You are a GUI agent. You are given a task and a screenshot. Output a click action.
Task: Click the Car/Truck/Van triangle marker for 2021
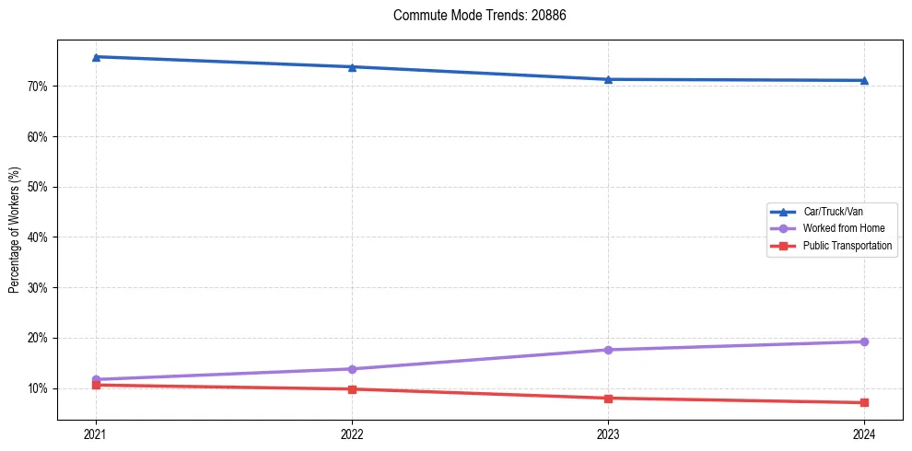[x=96, y=57]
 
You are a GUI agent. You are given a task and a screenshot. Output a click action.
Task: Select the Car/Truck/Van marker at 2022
[x=352, y=67]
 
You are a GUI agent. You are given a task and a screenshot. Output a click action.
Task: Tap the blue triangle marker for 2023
[x=608, y=79]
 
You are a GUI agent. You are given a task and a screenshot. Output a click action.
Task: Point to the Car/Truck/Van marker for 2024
[x=864, y=80]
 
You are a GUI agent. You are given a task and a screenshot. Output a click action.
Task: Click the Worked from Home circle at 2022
[x=352, y=369]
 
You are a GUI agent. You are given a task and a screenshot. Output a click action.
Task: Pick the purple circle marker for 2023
[x=608, y=350]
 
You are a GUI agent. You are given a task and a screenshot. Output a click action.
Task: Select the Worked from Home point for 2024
[x=864, y=341]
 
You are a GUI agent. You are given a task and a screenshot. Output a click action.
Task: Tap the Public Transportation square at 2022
[x=352, y=389]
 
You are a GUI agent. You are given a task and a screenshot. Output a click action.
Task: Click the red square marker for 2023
[x=608, y=399]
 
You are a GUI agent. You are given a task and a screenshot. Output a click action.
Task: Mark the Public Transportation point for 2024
[x=864, y=402]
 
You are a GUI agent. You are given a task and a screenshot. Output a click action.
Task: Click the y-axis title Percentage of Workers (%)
[x=14, y=230]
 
